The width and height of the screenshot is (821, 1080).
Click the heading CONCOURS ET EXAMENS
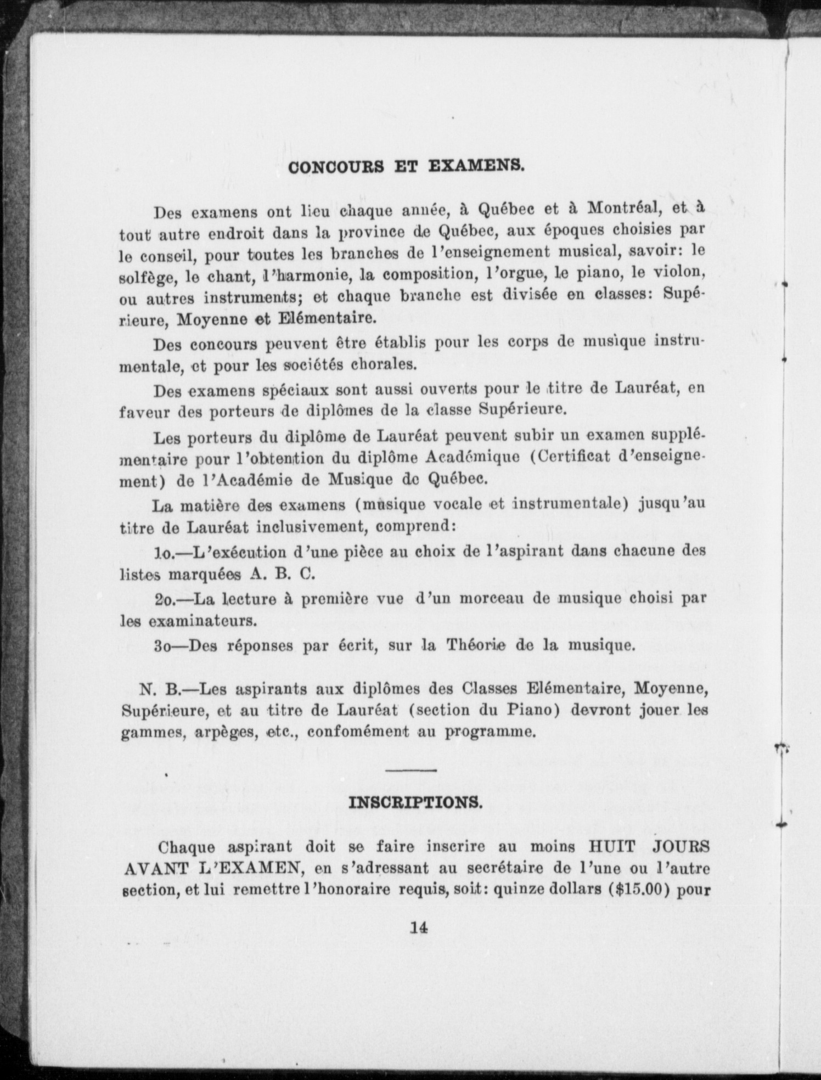(x=407, y=166)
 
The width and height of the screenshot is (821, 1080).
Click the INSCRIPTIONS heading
(x=416, y=802)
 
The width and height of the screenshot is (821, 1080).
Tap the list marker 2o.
(x=165, y=599)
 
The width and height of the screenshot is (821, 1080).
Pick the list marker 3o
(x=164, y=645)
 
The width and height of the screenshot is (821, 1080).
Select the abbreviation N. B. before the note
(x=157, y=688)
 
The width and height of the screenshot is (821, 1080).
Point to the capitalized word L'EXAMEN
(x=239, y=868)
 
